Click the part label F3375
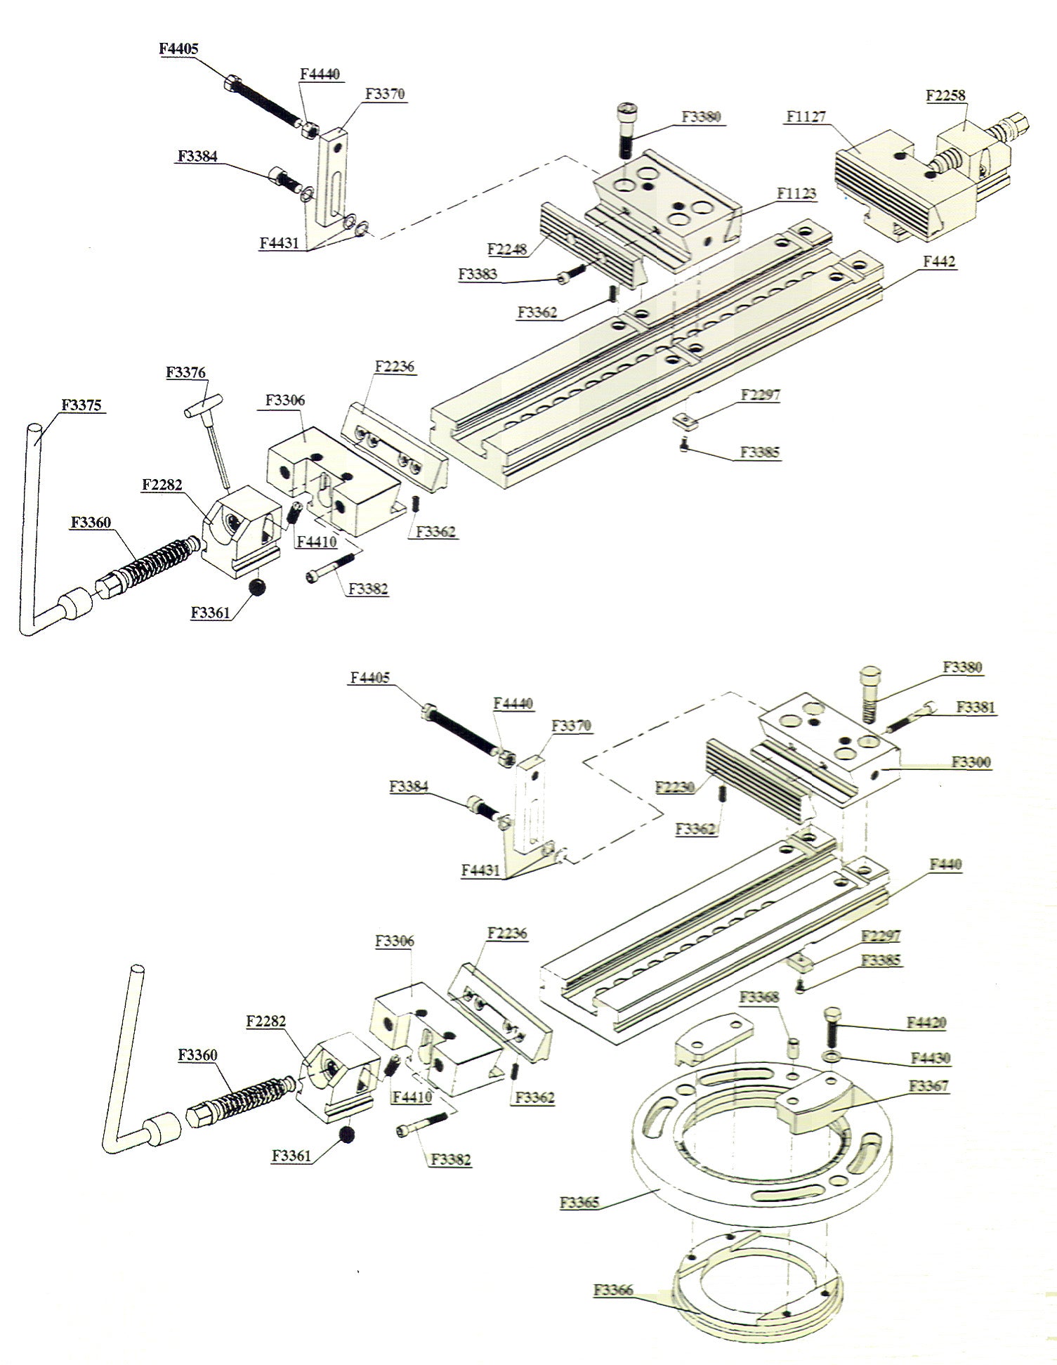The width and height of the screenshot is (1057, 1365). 81,405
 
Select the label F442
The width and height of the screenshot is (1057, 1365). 938,261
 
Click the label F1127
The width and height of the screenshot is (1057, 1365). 806,117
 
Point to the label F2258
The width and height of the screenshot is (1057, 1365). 945,95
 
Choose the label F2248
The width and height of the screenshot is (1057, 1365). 506,249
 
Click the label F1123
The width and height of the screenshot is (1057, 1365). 796,193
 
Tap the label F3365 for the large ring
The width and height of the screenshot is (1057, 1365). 579,1202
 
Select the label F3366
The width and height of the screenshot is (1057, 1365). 613,1290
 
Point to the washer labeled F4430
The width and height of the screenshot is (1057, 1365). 832,1058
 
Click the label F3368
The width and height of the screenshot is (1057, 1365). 759,997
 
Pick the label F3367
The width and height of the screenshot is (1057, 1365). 928,1085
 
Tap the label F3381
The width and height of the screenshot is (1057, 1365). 976,707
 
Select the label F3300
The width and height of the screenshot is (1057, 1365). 971,762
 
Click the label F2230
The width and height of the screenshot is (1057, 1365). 675,787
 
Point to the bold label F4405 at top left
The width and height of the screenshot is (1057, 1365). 178,48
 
